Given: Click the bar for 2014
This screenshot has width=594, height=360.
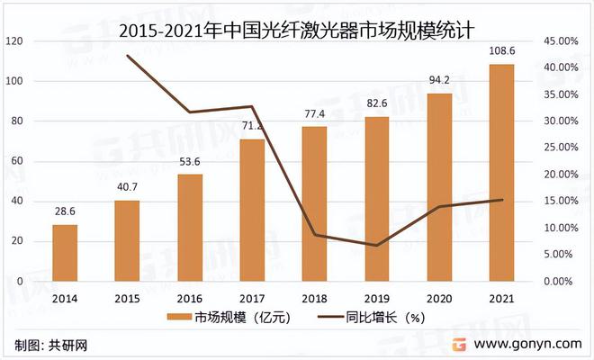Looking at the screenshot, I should point(65,252).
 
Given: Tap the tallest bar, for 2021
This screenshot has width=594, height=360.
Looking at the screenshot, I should point(501,172).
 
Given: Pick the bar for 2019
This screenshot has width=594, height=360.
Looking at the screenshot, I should point(377,198).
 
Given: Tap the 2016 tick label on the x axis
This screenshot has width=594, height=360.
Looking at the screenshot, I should point(189,297).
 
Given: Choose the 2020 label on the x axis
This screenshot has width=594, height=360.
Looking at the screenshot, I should point(439,297).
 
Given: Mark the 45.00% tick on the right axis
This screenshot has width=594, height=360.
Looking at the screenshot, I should point(560,41).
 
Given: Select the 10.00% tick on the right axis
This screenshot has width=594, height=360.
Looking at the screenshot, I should point(560,228).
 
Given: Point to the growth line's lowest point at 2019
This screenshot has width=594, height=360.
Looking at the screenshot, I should point(377,245).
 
